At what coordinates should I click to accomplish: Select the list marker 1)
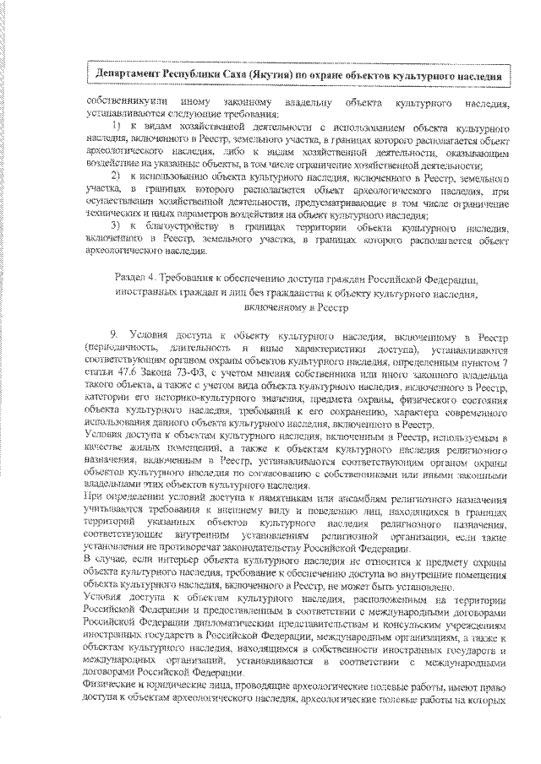point(117,125)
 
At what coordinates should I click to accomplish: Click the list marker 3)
point(117,228)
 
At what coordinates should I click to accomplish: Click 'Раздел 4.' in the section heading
point(137,278)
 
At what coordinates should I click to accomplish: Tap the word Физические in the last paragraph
point(113,691)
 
